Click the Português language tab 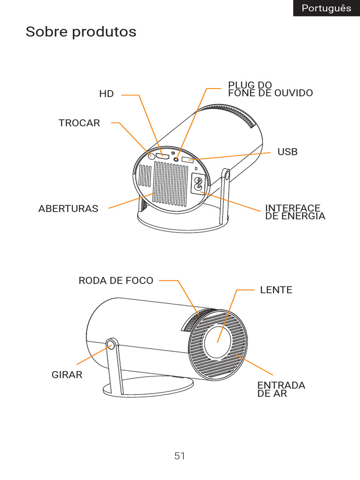click(x=326, y=8)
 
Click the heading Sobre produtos click(x=81, y=32)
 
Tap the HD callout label click(x=106, y=94)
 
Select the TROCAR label click(x=79, y=123)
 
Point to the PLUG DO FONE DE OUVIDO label click(x=270, y=89)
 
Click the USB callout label click(x=287, y=152)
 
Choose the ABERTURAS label click(x=68, y=209)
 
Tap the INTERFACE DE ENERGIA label click(x=295, y=212)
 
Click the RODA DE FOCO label click(x=116, y=280)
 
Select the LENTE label click(x=276, y=290)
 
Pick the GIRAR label click(x=67, y=375)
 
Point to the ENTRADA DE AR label click(x=281, y=389)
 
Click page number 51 click(x=180, y=456)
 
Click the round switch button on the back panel click(x=151, y=155)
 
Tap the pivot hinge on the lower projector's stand click(x=111, y=345)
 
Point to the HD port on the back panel click(x=163, y=156)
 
